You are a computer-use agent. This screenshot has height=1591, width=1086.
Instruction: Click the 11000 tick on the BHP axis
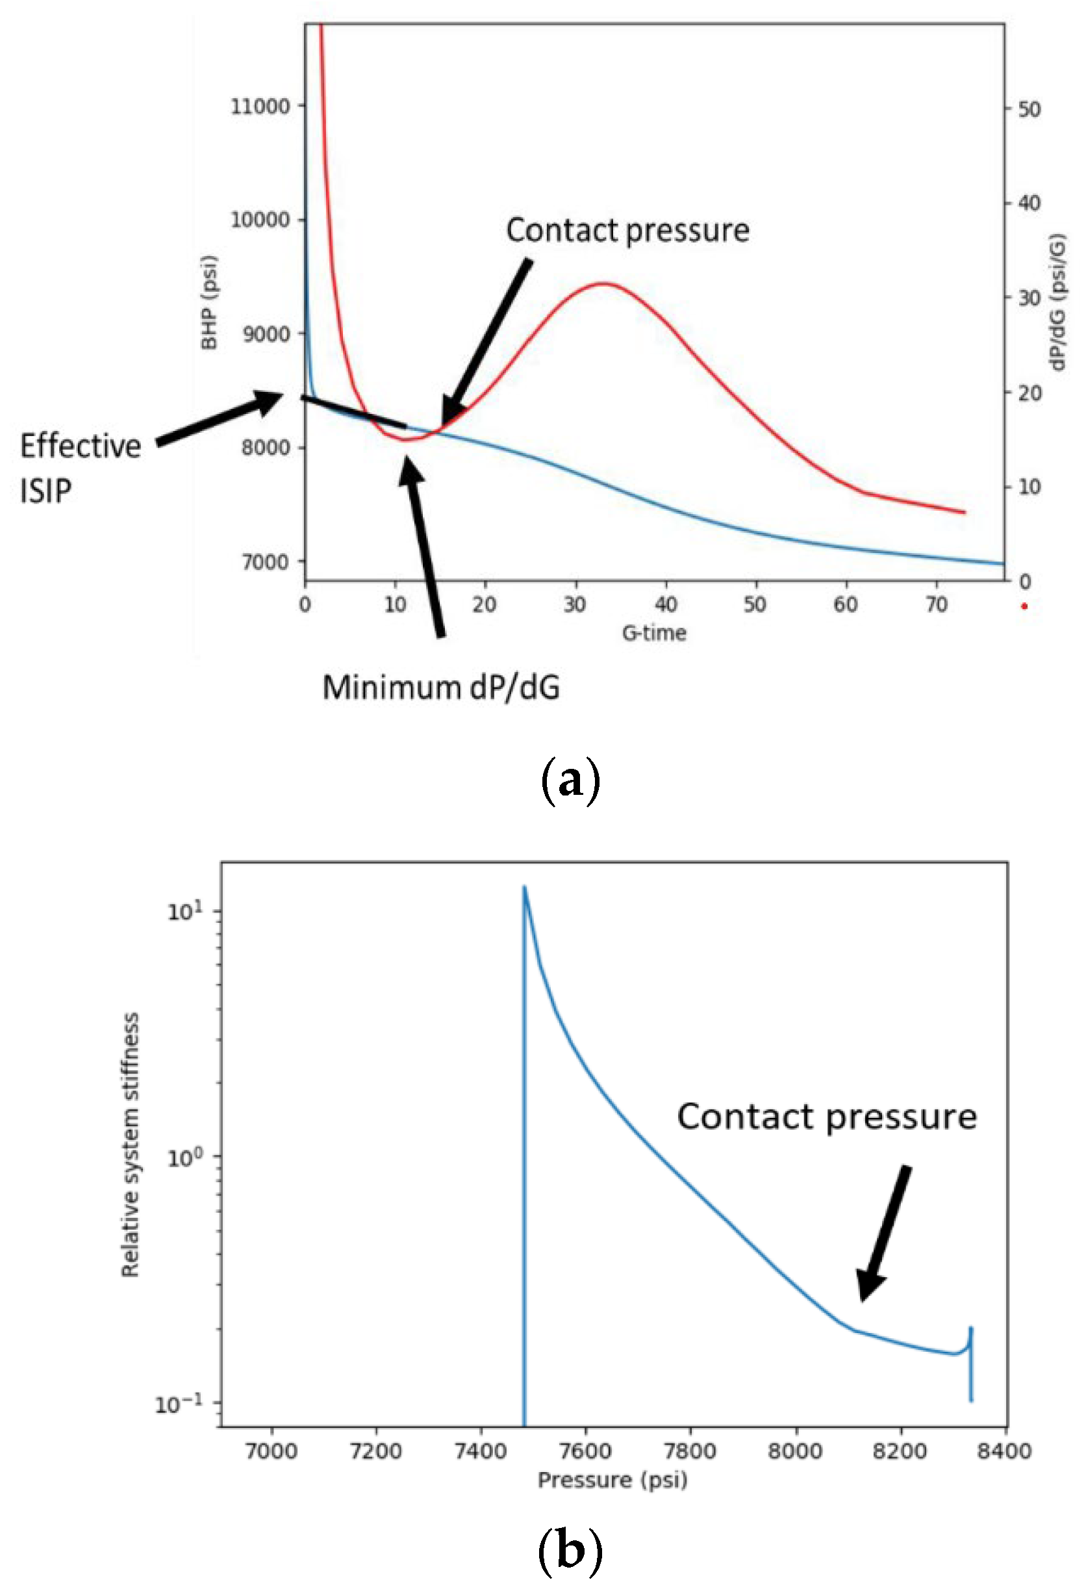pyautogui.click(x=259, y=107)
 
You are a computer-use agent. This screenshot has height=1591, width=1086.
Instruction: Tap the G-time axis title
pyautogui.click(x=653, y=632)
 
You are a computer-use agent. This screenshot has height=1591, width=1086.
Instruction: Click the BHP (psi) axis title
pyautogui.click(x=209, y=302)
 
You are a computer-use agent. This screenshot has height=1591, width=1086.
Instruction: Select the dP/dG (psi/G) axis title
pyautogui.click(x=1059, y=302)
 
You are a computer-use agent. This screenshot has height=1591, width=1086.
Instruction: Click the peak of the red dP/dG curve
pyautogui.click(x=603, y=283)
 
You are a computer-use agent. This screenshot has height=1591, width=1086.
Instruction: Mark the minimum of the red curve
pyautogui.click(x=405, y=439)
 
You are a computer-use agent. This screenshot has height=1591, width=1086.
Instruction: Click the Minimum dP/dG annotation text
pyautogui.click(x=440, y=688)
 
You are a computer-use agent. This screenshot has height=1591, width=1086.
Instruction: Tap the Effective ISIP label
pyautogui.click(x=80, y=468)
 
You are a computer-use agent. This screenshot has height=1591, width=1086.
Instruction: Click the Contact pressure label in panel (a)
pyautogui.click(x=627, y=231)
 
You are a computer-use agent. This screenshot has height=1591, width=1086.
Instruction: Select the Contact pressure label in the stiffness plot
pyautogui.click(x=827, y=1117)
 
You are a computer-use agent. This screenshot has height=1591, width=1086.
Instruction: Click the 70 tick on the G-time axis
pyautogui.click(x=936, y=604)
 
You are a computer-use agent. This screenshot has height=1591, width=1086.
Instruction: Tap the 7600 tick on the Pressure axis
pyautogui.click(x=585, y=1451)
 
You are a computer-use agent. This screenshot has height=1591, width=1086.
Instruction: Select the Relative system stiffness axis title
pyautogui.click(x=130, y=1145)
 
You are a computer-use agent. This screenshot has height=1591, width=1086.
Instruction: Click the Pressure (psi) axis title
pyautogui.click(x=612, y=1480)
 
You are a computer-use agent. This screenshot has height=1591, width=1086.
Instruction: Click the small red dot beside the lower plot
pyautogui.click(x=1024, y=606)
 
